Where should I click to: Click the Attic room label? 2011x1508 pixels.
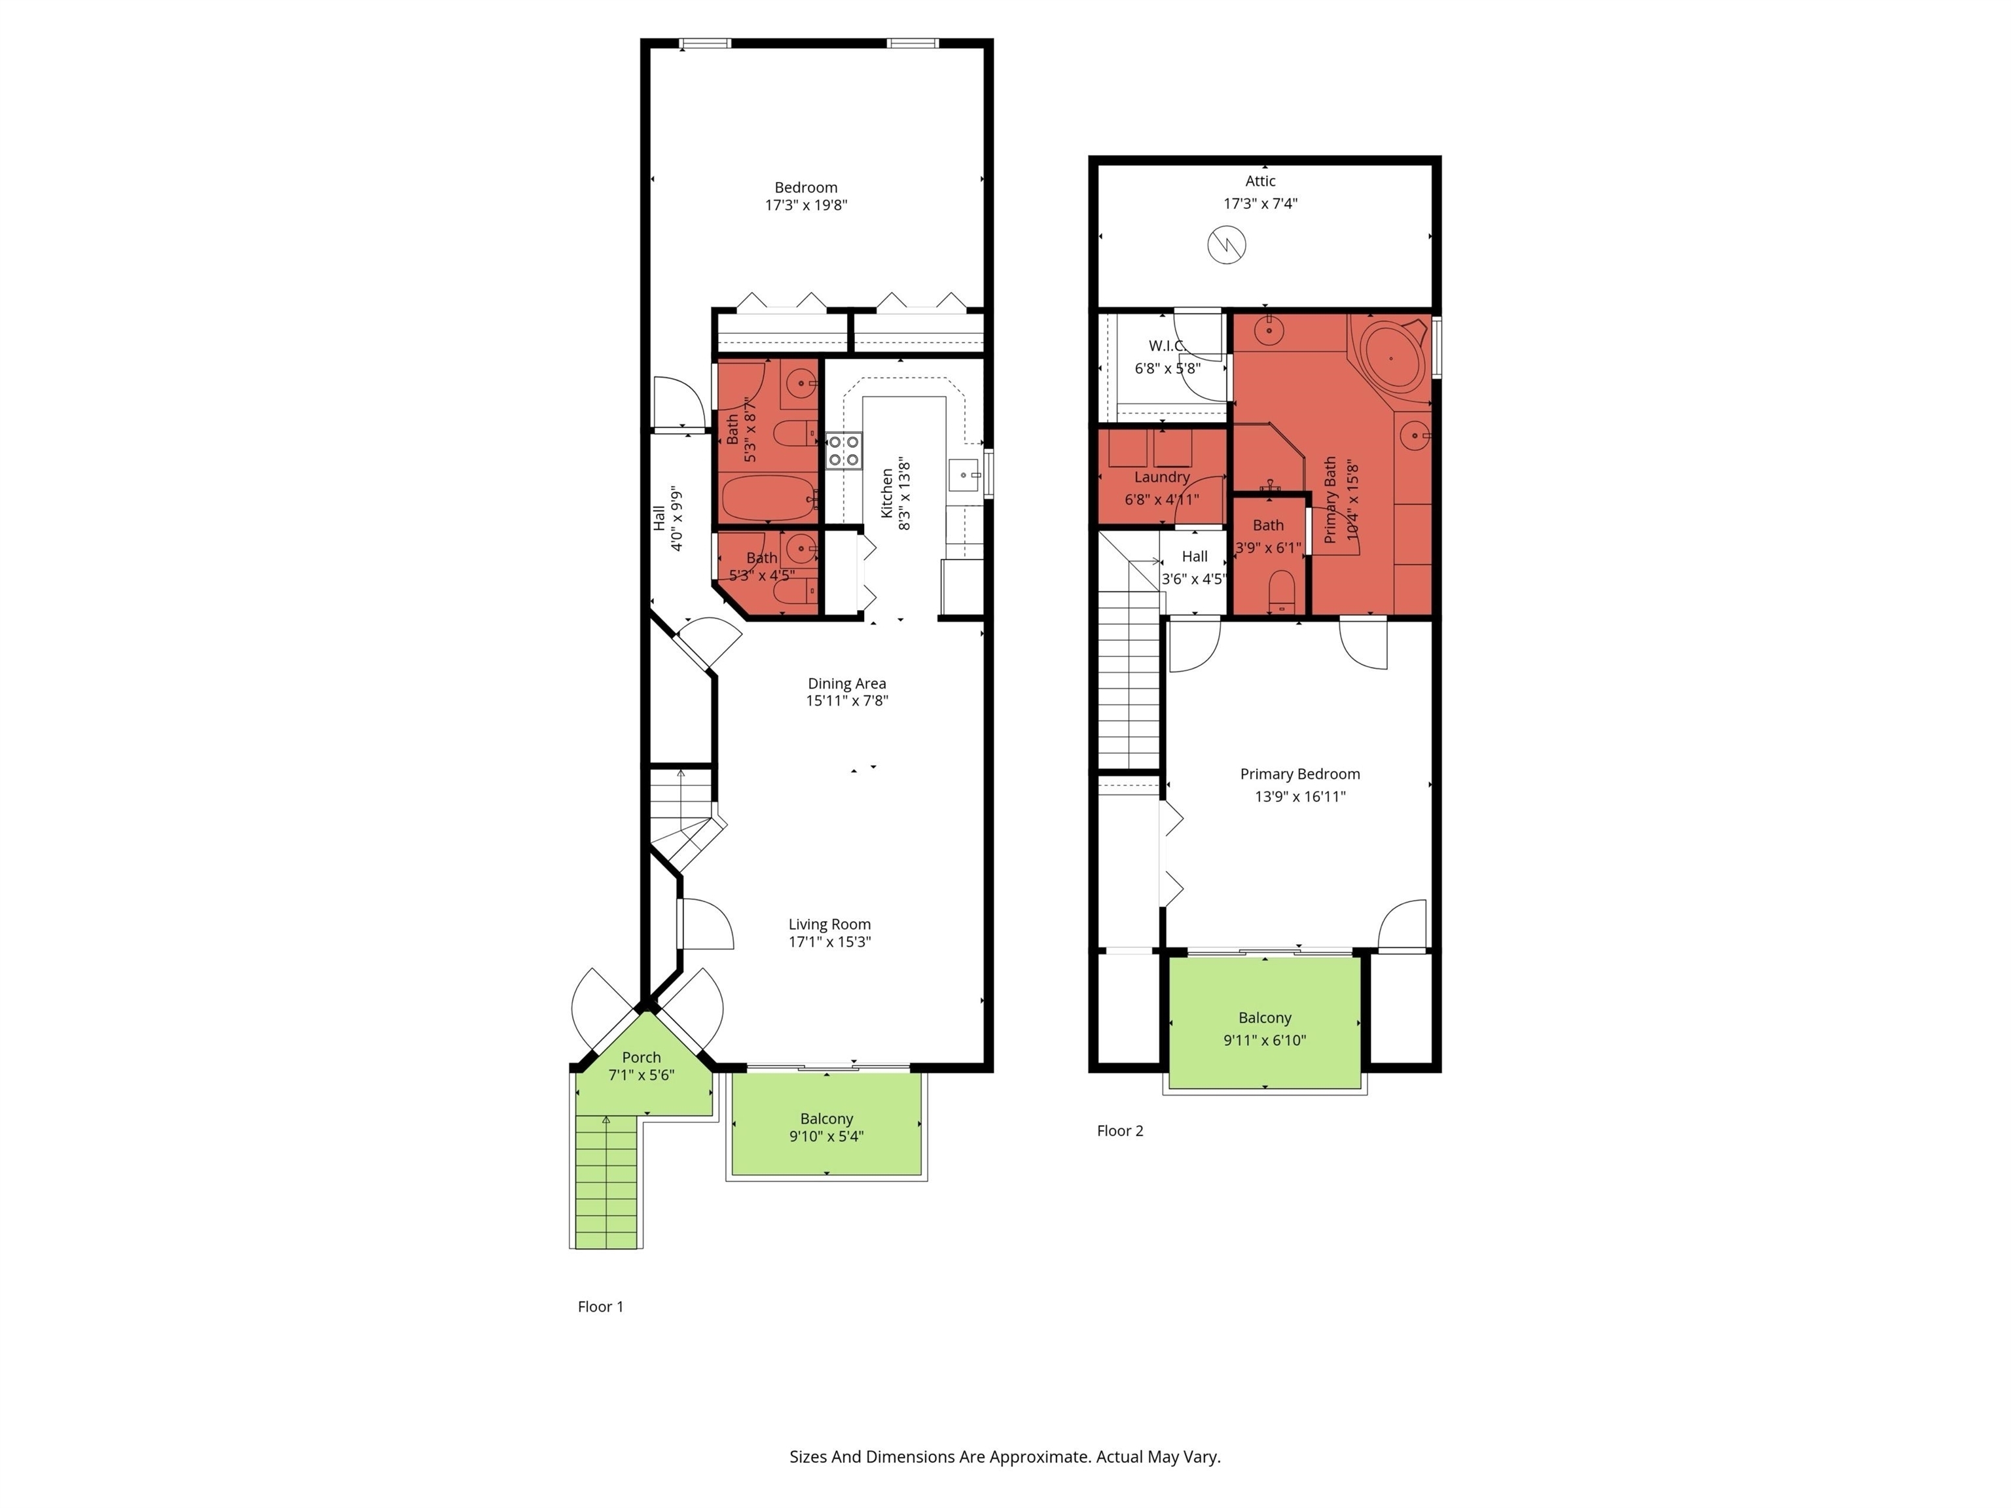tap(1260, 181)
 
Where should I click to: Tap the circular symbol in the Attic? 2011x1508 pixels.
tap(1226, 245)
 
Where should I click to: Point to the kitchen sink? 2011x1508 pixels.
tap(965, 475)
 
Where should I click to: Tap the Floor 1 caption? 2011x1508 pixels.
tap(601, 1306)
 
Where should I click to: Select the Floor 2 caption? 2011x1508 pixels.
tap(1120, 1131)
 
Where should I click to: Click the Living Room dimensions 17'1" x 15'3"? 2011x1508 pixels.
tap(829, 942)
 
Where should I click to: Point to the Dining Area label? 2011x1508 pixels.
tap(846, 683)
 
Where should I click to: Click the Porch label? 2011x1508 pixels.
tap(641, 1057)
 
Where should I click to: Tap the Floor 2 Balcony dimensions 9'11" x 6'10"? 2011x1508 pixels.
tap(1265, 1040)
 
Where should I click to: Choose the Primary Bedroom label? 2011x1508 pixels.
tap(1300, 774)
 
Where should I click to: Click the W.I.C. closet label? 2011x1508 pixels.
tap(1167, 346)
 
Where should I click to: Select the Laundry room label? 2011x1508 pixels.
tap(1162, 477)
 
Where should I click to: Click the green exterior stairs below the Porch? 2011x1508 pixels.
tap(606, 1181)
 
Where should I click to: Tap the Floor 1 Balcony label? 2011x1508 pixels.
tap(826, 1119)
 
